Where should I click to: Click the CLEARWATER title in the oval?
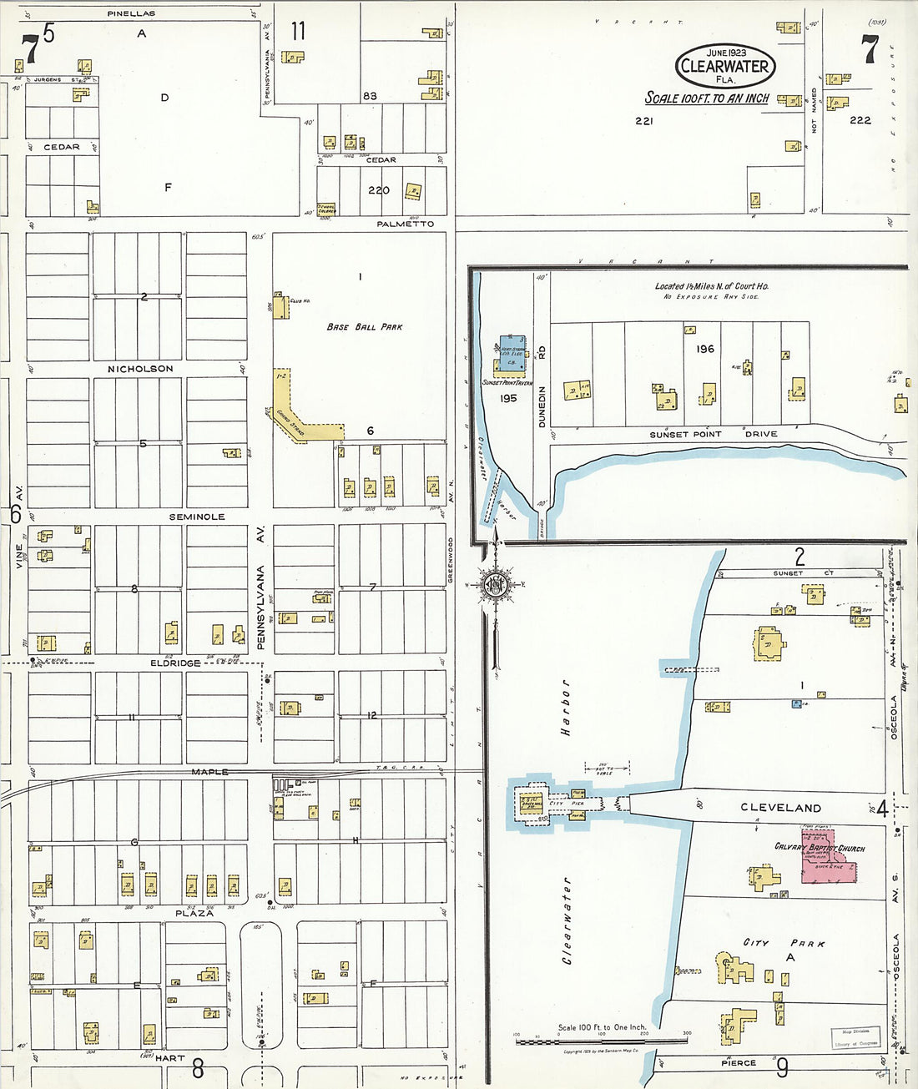[x=724, y=67]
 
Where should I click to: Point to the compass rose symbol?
[x=496, y=584]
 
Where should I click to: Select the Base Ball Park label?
[x=364, y=327]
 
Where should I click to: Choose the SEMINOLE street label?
[x=197, y=517]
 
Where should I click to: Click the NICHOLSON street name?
[x=140, y=369]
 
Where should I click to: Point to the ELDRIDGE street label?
[x=175, y=663]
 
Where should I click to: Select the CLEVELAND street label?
[x=780, y=808]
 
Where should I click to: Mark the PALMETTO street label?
[x=405, y=224]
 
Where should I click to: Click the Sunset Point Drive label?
[x=713, y=434]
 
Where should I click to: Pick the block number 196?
[x=705, y=349]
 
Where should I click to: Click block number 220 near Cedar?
[x=378, y=190]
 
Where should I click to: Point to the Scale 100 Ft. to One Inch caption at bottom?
[x=601, y=1027]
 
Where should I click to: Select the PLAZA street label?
[x=194, y=913]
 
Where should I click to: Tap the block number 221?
[x=643, y=121]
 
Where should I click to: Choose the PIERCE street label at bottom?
[x=738, y=1063]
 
